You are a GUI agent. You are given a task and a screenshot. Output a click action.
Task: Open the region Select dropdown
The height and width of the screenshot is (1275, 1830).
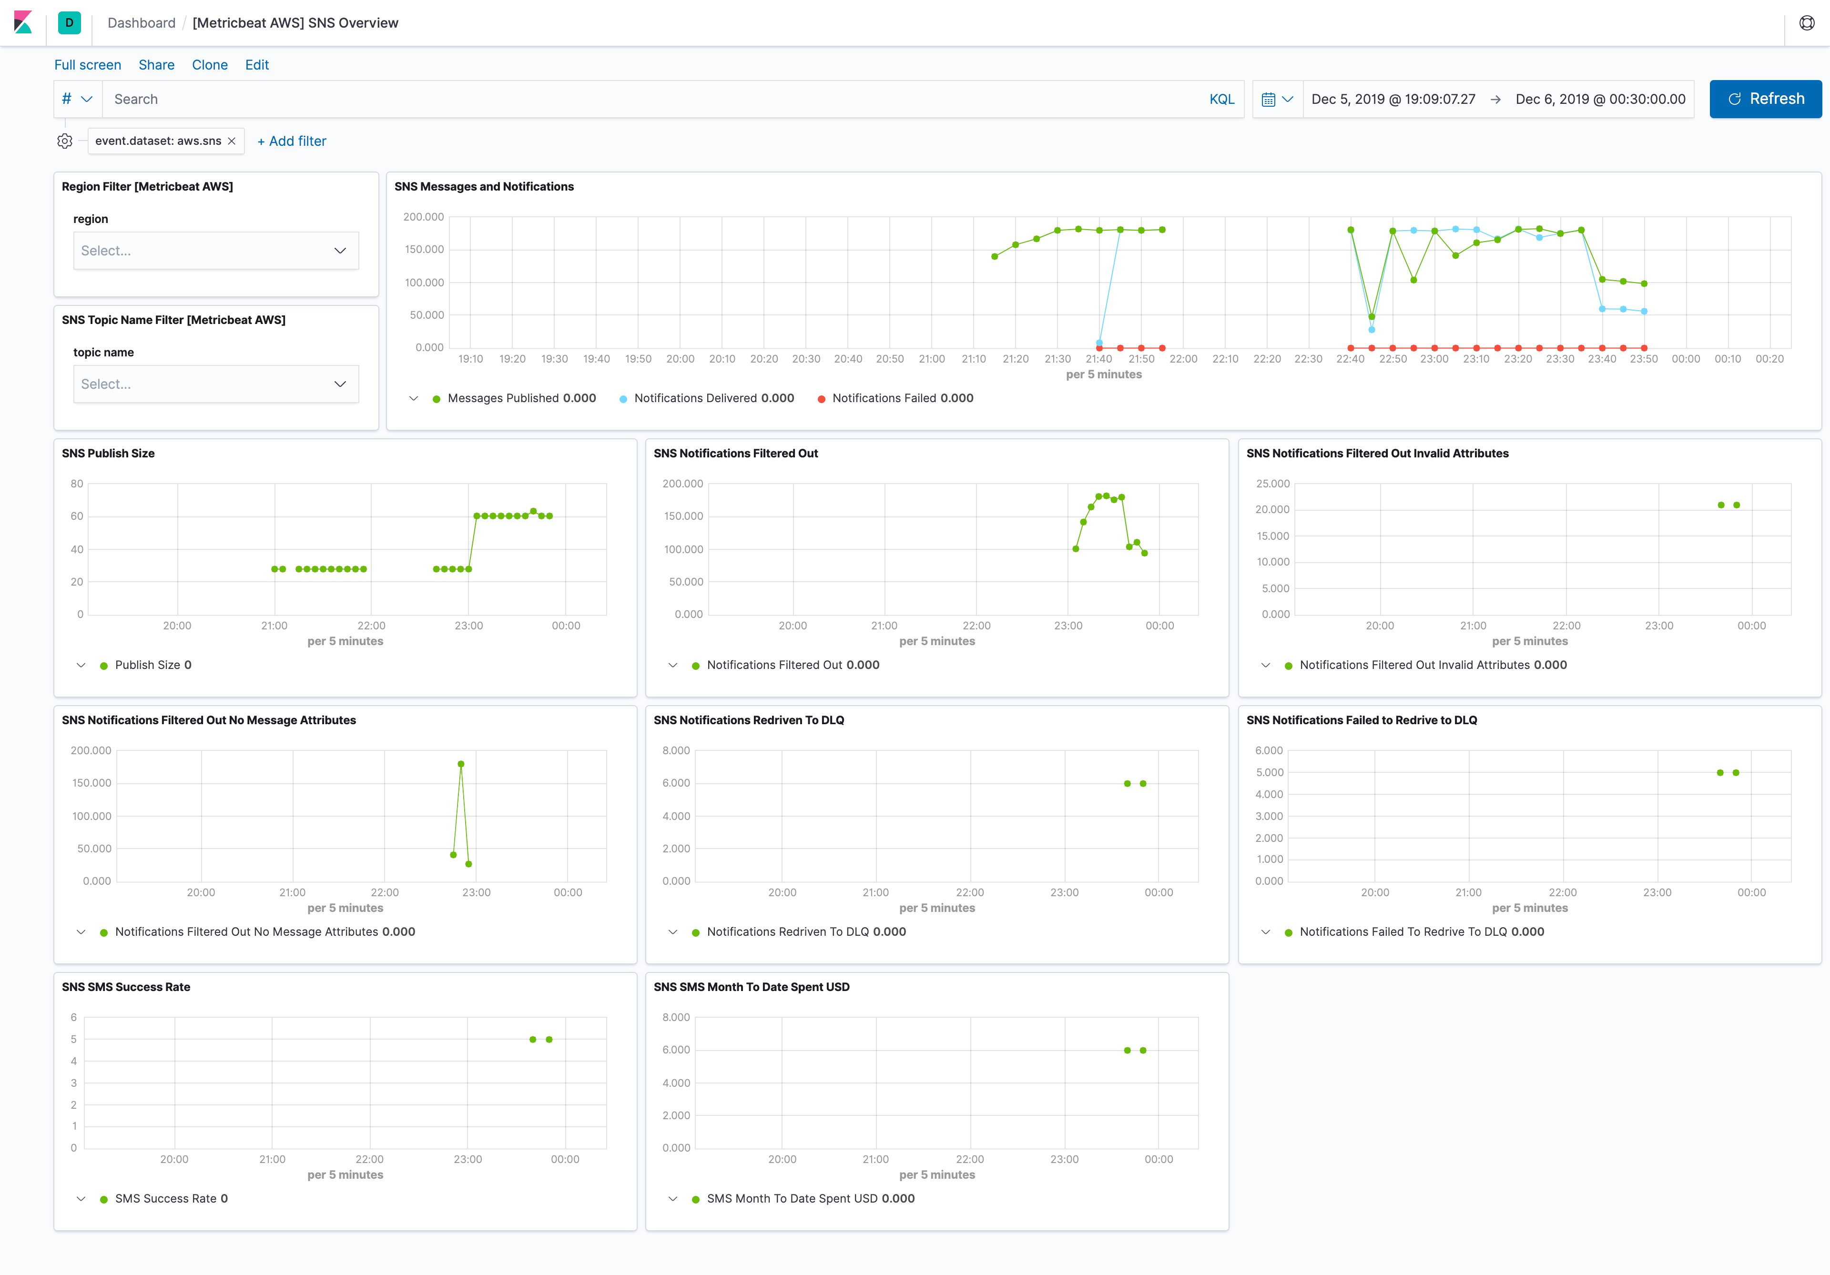215,250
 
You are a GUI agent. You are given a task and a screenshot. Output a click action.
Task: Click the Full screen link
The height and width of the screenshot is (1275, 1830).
88,64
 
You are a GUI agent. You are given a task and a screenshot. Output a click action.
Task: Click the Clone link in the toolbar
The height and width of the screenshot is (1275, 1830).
210,64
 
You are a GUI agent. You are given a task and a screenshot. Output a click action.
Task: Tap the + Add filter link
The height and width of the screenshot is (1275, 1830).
292,141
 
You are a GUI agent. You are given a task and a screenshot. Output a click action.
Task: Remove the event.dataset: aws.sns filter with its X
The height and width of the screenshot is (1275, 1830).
231,141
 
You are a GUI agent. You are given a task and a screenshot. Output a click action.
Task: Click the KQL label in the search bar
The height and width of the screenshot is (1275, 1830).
1221,99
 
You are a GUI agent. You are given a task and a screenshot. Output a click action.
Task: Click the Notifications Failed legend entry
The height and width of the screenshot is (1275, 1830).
902,398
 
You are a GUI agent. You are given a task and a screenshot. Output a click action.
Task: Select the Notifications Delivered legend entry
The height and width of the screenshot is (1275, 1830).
713,398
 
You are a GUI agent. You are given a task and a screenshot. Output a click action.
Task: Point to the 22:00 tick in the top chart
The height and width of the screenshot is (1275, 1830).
1183,359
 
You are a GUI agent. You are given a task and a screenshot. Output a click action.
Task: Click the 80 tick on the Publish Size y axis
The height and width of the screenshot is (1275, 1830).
77,484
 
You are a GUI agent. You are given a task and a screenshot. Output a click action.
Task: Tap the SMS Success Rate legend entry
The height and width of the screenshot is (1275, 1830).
171,1198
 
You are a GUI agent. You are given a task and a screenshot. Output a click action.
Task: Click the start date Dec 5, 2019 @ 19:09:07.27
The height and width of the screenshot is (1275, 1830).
1393,99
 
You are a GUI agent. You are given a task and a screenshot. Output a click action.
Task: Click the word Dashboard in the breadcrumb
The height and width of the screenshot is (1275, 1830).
141,22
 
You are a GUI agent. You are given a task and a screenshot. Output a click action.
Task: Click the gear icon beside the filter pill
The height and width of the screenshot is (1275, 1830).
64,141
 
